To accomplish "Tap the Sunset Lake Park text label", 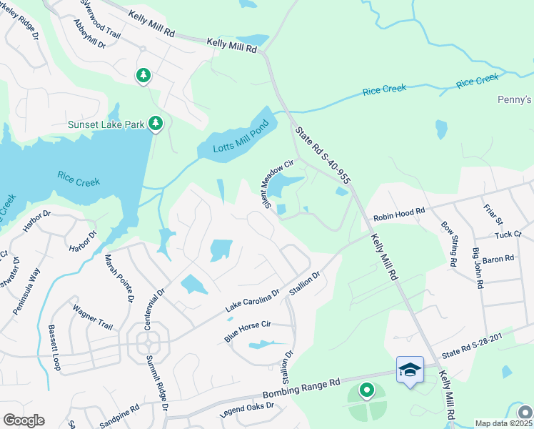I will [x=106, y=124].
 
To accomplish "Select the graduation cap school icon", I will [x=410, y=370].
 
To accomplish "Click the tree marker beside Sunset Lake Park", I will [x=156, y=124].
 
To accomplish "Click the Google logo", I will [x=24, y=420].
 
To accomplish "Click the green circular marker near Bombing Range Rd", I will [x=366, y=390].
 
